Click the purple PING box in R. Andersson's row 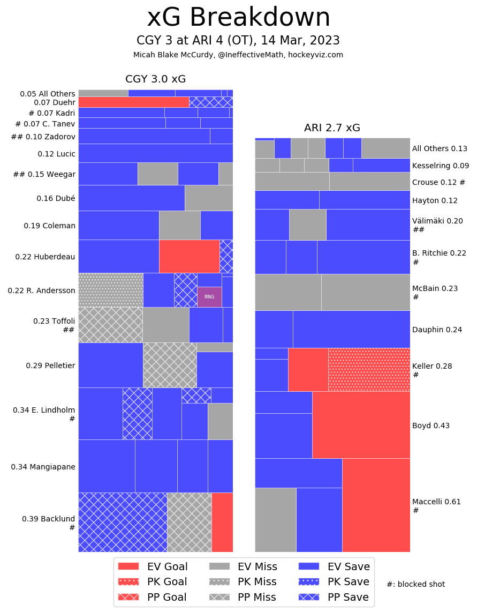click(209, 297)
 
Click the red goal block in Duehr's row click(133, 102)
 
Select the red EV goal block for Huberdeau click(189, 256)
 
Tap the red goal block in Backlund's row click(222, 522)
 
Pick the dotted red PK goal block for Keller click(369, 370)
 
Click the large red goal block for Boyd click(361, 424)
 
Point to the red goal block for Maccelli click(376, 505)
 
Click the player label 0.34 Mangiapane click(43, 467)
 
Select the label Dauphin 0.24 click(437, 330)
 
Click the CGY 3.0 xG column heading click(155, 79)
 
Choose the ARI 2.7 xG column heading click(332, 128)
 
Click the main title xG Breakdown click(238, 18)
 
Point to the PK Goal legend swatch click(128, 581)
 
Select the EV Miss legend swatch click(219, 566)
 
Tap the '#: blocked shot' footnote click(415, 584)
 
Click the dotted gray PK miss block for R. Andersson click(111, 290)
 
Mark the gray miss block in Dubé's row click(209, 198)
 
